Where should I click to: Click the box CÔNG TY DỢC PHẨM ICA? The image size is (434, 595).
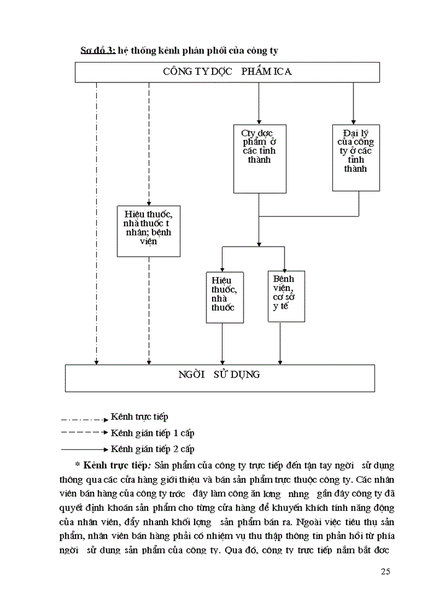228,71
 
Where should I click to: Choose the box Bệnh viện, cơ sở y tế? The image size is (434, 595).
281,296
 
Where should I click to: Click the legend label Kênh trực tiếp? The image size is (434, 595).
139,416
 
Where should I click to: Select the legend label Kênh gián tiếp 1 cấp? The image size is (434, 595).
152,433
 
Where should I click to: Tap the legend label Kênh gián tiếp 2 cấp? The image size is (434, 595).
152,449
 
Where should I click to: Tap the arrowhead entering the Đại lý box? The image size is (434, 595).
353,121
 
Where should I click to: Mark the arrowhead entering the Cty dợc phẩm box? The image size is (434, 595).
259,121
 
